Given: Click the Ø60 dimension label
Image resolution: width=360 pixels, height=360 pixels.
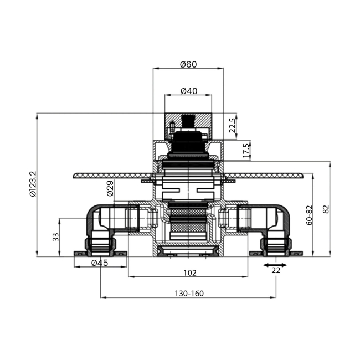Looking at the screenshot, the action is pos(188,64).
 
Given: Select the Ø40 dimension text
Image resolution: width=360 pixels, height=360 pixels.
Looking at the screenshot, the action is pos(189,91).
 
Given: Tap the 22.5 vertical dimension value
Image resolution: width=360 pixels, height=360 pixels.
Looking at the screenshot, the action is pos(232,125).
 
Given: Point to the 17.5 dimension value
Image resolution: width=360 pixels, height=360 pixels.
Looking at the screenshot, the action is pos(246,151).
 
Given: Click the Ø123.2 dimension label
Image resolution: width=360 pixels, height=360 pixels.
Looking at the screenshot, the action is pos(33,184).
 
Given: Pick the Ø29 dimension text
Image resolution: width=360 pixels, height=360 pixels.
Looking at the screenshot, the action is pos(110,188).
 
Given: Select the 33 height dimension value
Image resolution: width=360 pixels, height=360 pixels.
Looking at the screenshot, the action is pos(55,237).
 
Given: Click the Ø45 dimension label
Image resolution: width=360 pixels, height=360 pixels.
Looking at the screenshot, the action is pos(100,263).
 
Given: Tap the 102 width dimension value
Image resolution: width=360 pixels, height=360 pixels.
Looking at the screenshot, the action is pos(190,272).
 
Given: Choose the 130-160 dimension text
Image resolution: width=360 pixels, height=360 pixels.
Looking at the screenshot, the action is pos(189,294).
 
